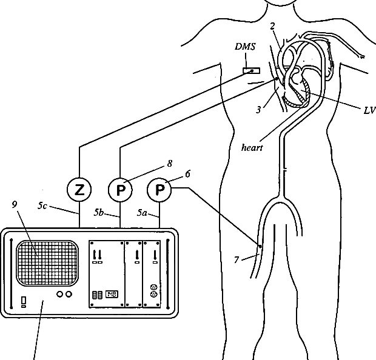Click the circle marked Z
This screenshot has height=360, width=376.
pyautogui.click(x=79, y=190)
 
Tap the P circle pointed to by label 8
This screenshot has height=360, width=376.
pyautogui.click(x=120, y=190)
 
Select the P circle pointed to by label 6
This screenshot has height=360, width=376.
pyautogui.click(x=160, y=190)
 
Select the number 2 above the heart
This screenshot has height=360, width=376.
pyautogui.click(x=273, y=26)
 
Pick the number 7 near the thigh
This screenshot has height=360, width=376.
pyautogui.click(x=237, y=260)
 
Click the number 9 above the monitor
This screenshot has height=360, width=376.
pyautogui.click(x=14, y=204)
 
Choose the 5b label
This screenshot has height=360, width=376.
pyautogui.click(x=99, y=213)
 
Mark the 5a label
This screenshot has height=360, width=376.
pyautogui.click(x=142, y=213)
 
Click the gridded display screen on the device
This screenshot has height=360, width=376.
pyautogui.click(x=47, y=263)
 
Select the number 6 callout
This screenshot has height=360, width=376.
pyautogui.click(x=187, y=173)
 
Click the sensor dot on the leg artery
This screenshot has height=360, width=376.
pyautogui.click(x=260, y=247)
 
